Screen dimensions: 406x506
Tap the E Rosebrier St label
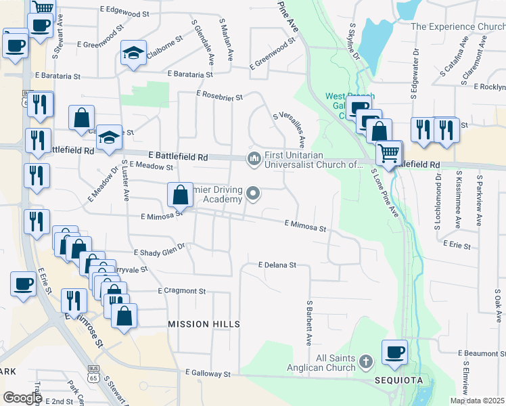(x=220, y=97)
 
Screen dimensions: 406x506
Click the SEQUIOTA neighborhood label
(x=398, y=380)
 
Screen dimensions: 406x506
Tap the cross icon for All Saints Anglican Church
(x=367, y=359)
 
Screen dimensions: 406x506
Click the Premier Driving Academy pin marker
(x=254, y=194)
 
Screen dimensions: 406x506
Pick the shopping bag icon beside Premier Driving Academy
(x=181, y=196)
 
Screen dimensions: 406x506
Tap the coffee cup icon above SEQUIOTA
(x=394, y=352)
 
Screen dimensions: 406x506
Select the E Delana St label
(x=277, y=265)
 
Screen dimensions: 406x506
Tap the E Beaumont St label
(x=482, y=353)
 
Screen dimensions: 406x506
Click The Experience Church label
(x=457, y=26)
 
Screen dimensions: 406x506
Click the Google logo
(x=22, y=397)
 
